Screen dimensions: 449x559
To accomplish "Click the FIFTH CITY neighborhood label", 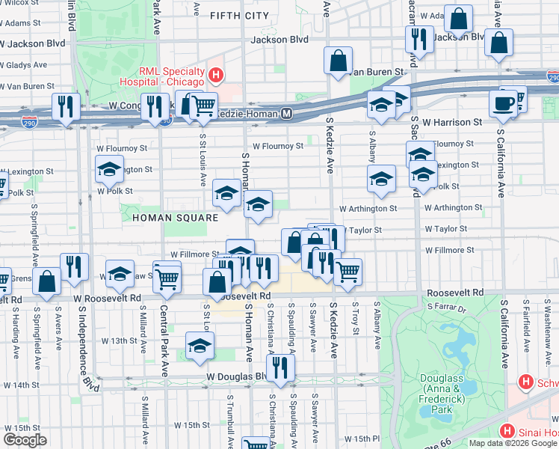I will [239, 15].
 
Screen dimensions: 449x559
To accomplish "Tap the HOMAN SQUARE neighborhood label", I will [175, 218].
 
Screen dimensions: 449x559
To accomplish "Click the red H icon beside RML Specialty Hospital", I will [216, 75].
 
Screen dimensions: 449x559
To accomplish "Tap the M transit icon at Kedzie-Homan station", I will [286, 114].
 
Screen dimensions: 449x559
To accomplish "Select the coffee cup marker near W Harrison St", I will [503, 103].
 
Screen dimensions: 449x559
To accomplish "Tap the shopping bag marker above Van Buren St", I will [339, 61].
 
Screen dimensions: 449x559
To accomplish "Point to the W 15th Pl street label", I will [362, 439].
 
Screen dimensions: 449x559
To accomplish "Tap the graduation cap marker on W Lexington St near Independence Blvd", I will [110, 170].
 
